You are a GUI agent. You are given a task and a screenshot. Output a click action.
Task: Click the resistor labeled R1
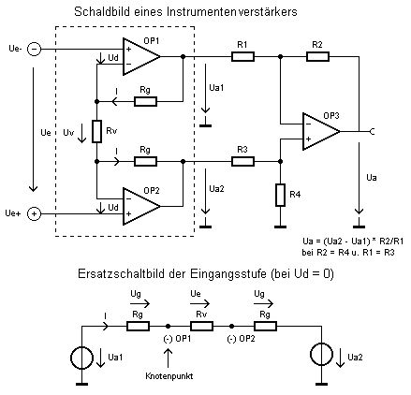(242, 57)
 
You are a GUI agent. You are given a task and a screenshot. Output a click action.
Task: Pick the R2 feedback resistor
(317, 57)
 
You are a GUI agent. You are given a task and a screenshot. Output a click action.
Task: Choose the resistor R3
(242, 162)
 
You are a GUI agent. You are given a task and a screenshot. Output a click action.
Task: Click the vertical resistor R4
(280, 195)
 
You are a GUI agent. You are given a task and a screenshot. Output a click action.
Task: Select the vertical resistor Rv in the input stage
(96, 131)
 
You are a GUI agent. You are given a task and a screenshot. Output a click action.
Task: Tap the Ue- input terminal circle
(34, 50)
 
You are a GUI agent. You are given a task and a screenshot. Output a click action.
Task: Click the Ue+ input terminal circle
(34, 214)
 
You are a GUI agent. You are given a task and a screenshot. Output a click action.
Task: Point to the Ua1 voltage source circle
(81, 358)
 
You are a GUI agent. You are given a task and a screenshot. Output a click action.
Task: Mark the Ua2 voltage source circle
(321, 355)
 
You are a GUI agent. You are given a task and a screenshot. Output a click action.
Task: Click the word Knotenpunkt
(169, 376)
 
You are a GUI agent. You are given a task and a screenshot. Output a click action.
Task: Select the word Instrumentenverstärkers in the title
(232, 12)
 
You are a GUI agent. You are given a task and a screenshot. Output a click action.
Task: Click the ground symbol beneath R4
(280, 227)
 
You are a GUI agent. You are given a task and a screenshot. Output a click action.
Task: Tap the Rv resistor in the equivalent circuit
(201, 327)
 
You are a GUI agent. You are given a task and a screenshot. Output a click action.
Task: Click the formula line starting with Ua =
(353, 241)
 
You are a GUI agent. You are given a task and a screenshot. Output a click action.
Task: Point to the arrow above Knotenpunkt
(168, 358)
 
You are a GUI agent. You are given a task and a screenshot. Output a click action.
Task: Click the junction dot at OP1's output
(183, 57)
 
